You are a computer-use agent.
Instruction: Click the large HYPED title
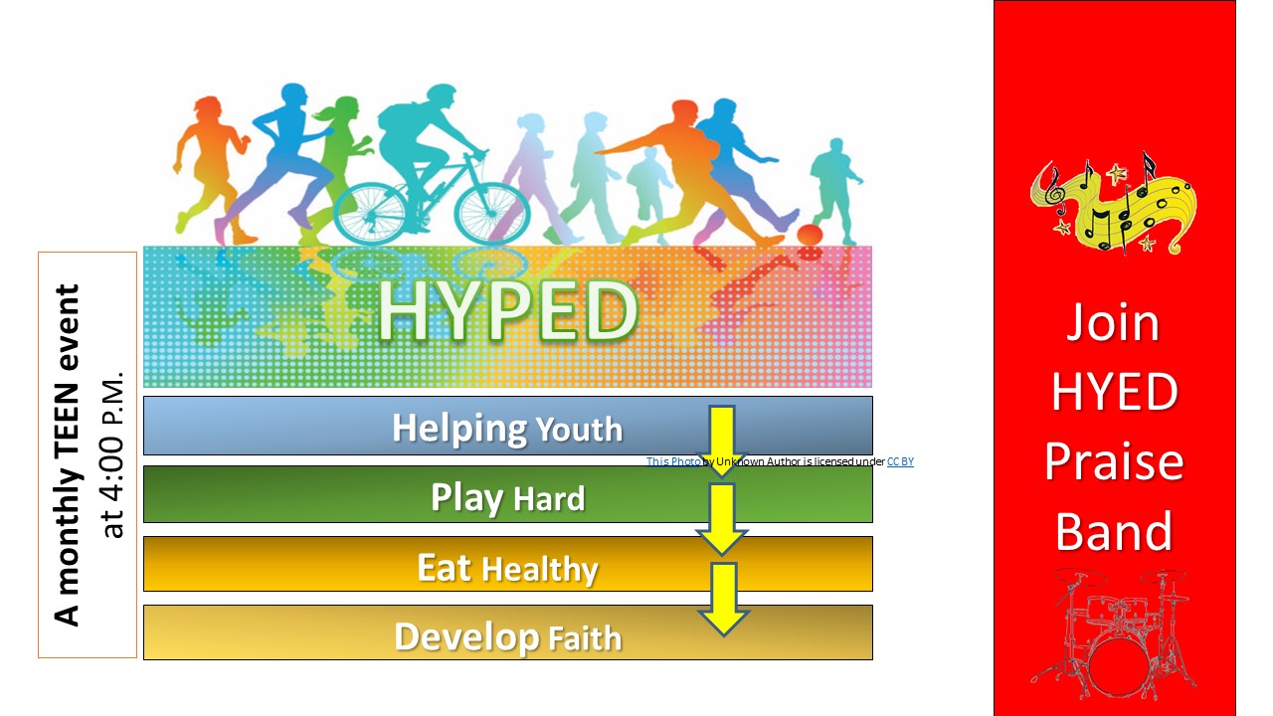tap(507, 310)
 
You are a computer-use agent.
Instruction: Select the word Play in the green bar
tap(467, 498)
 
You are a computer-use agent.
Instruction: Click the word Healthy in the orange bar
tap(540, 569)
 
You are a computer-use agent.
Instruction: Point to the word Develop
tap(466, 637)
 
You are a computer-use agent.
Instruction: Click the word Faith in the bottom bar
tap(586, 638)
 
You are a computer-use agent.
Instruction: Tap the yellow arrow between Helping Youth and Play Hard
tap(722, 441)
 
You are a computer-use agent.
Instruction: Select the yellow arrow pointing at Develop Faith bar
tap(723, 599)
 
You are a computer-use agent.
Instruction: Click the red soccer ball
tap(810, 235)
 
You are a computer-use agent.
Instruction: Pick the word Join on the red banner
tap(1113, 323)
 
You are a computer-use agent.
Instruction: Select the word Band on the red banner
tap(1115, 531)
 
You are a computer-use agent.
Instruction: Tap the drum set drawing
tap(1115, 633)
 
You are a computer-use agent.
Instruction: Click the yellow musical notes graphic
tap(1115, 205)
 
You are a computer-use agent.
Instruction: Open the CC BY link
tap(900, 461)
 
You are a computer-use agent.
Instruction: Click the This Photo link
tap(673, 461)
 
